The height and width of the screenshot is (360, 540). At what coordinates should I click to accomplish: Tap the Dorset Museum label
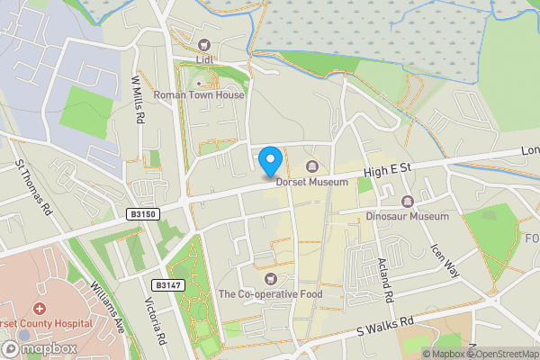[311, 182]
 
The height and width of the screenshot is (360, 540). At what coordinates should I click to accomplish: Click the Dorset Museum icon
[312, 166]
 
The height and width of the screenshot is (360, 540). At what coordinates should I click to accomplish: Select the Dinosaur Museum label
[407, 217]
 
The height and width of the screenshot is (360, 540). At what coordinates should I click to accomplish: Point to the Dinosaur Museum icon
[408, 202]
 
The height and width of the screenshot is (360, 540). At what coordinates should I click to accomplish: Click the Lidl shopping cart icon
[203, 45]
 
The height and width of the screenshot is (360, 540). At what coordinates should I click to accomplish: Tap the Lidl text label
[202, 60]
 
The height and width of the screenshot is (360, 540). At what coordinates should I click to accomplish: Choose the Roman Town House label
[199, 94]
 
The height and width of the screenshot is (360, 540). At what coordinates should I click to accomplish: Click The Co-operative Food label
[270, 294]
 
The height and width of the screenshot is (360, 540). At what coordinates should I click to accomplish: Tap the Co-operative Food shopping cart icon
[271, 279]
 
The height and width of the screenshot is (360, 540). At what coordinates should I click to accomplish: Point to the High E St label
[387, 168]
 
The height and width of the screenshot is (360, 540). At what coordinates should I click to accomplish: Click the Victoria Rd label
[156, 322]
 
